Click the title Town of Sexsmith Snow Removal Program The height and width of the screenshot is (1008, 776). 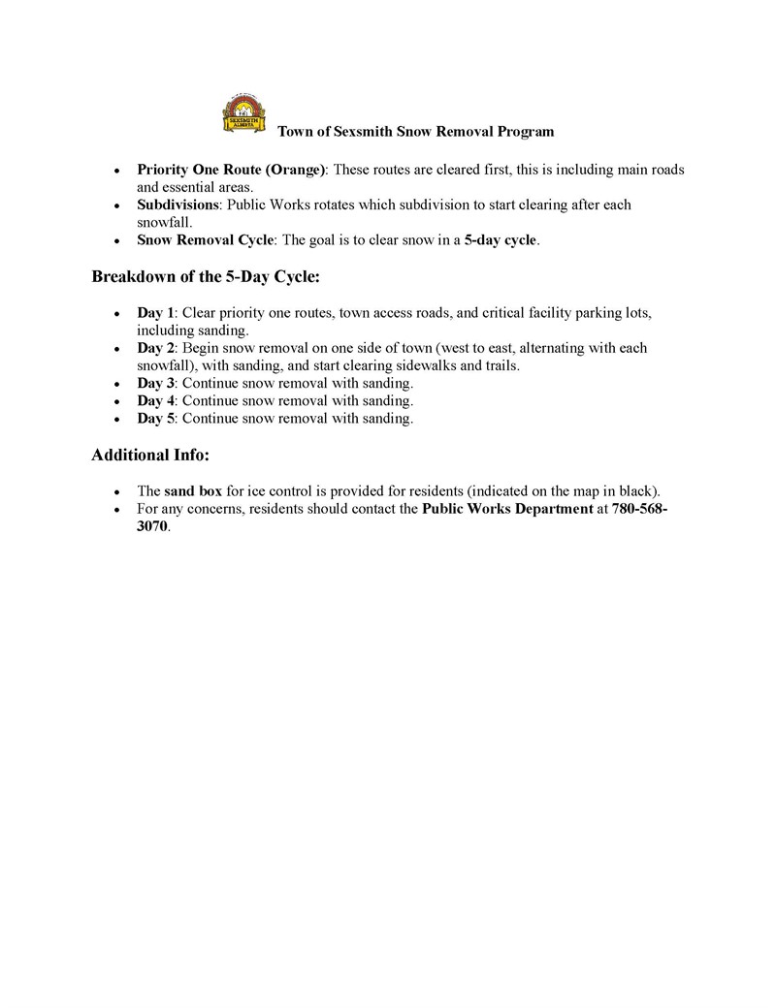click(416, 131)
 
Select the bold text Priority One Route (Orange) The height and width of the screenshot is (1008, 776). click(231, 170)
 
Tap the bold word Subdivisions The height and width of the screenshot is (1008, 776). click(179, 205)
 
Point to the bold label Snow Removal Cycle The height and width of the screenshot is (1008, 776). click(206, 240)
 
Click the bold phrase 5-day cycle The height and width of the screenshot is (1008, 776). click(500, 240)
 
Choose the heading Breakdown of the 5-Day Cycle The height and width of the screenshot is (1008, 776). click(206, 277)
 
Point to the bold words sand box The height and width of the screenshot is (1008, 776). click(193, 491)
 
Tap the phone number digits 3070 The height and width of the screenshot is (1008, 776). click(152, 526)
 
